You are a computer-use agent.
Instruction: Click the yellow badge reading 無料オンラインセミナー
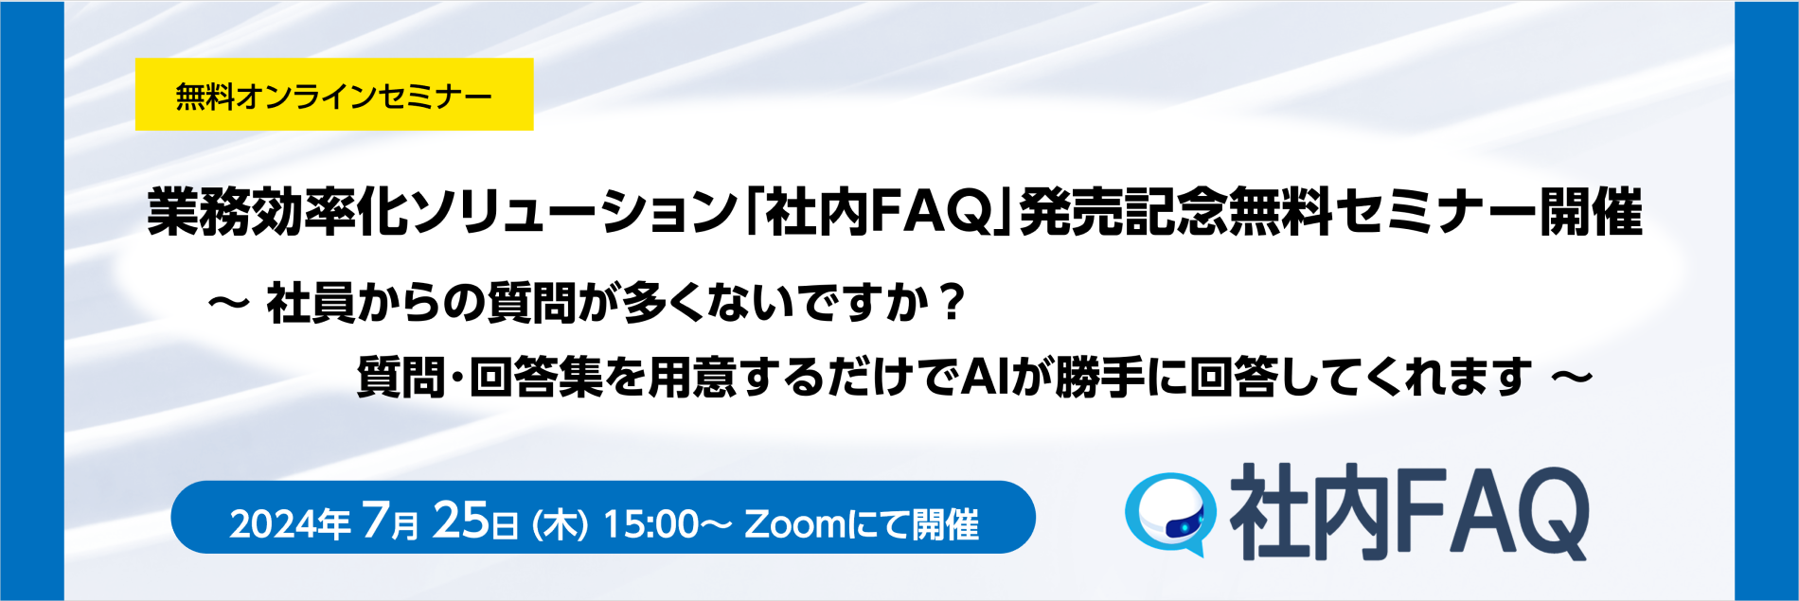[x=334, y=95]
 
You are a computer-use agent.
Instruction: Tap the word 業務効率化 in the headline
[x=279, y=212]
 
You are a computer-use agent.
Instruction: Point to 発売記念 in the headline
[x=1123, y=212]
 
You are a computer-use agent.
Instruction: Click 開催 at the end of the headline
[x=1591, y=212]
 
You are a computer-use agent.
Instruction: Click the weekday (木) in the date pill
[x=561, y=524]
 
